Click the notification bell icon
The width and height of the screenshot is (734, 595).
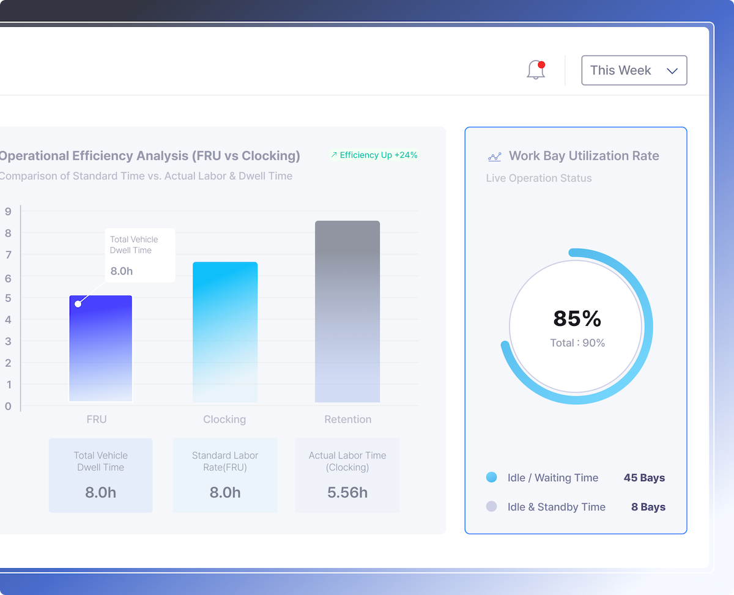point(536,70)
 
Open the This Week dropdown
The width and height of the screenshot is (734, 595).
point(634,70)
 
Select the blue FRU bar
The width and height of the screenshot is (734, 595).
point(101,349)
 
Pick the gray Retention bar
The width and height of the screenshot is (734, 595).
point(347,311)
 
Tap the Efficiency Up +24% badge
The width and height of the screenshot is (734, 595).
point(374,155)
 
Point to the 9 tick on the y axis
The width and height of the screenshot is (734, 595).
point(8,212)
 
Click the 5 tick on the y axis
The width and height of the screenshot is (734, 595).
point(8,298)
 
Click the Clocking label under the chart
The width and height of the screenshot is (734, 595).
point(224,419)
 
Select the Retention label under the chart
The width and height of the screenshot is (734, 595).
point(347,419)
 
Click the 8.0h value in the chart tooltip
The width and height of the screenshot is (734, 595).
point(122,271)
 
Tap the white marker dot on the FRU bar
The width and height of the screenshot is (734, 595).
point(78,304)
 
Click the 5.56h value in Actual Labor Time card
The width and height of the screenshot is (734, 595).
point(347,493)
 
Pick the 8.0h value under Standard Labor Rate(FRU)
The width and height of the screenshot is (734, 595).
point(225,493)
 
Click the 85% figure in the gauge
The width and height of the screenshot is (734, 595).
point(577,319)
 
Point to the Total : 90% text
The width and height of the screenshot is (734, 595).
point(577,343)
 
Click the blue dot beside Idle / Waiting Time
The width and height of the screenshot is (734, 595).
point(491,478)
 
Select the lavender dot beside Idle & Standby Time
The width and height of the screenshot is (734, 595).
point(491,506)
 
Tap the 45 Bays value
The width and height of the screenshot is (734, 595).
point(644,478)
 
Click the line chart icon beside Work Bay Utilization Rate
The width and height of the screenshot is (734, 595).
point(494,157)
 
